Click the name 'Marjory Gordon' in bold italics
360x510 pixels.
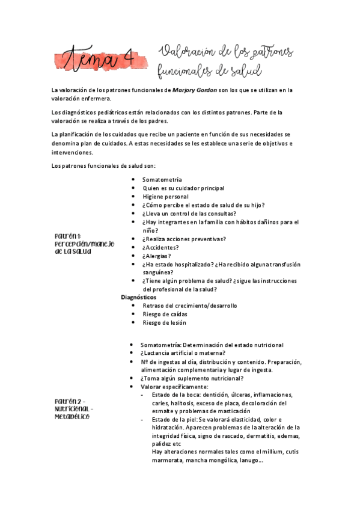pos(195,90)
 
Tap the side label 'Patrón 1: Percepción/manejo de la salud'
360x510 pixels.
pos(84,244)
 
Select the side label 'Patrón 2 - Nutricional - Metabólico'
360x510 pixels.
pos(74,408)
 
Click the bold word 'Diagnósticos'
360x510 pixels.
pos(138,297)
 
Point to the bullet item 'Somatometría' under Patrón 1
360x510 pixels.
pos(162,180)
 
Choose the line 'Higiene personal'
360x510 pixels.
pos(165,197)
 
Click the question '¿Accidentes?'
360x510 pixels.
pos(160,247)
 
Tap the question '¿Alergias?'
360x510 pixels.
pos(157,256)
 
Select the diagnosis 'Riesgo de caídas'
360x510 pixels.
pos(165,314)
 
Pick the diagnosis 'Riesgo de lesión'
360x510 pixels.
pos(165,322)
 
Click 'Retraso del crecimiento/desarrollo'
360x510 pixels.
pos(190,306)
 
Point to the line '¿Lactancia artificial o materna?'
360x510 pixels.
pos(183,353)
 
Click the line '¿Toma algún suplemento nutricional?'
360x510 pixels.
pos(192,378)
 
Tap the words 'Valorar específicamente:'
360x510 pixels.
pos(174,387)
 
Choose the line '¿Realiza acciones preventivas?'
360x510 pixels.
pos(184,239)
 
